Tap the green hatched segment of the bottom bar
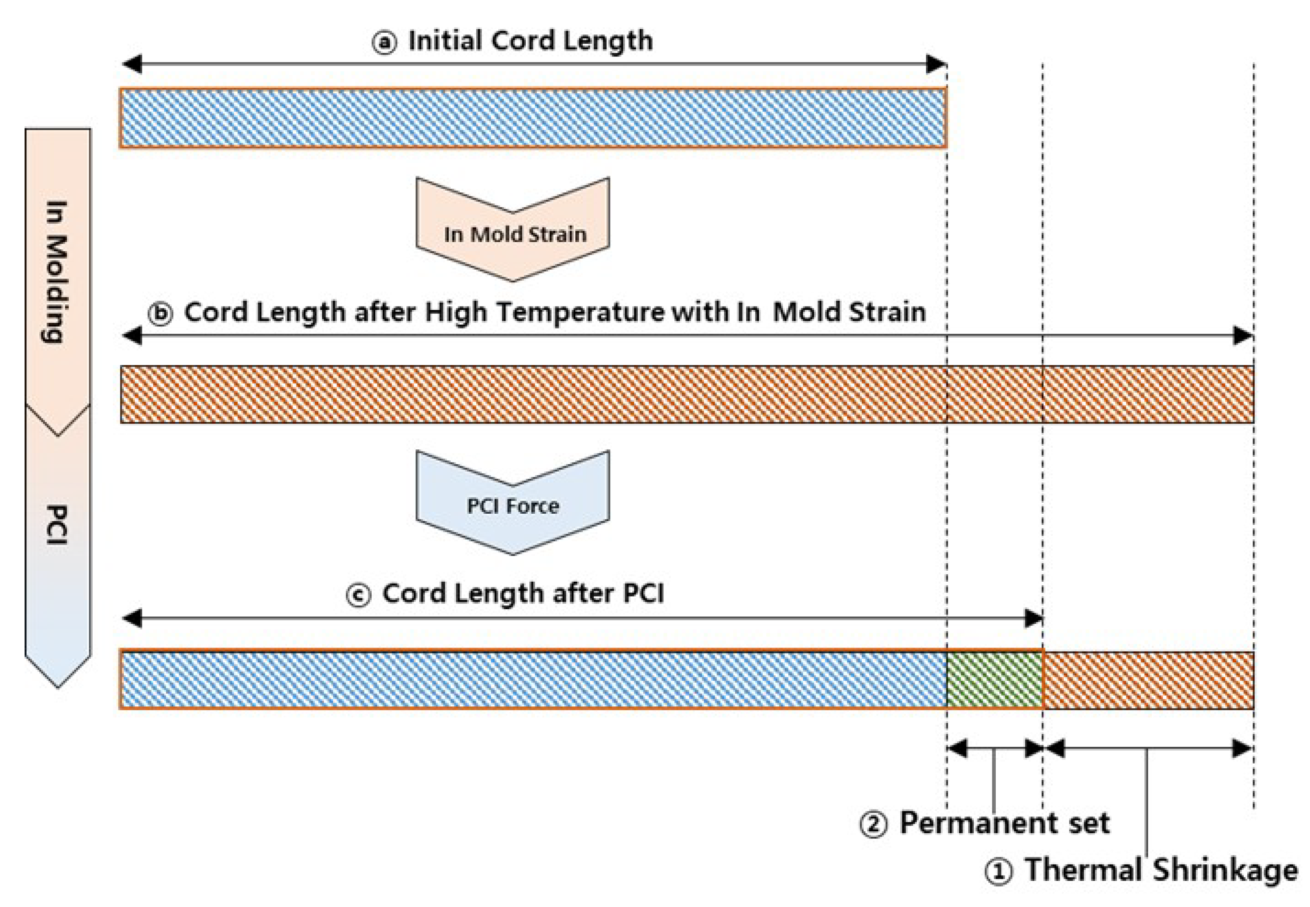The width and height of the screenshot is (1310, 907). (994, 680)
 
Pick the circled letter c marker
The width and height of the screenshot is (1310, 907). (359, 595)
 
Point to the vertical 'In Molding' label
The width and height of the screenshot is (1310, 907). (57, 272)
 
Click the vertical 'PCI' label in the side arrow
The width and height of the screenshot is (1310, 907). (57, 524)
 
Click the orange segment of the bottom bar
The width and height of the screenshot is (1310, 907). (1149, 680)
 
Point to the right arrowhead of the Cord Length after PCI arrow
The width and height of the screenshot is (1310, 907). (1033, 618)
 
